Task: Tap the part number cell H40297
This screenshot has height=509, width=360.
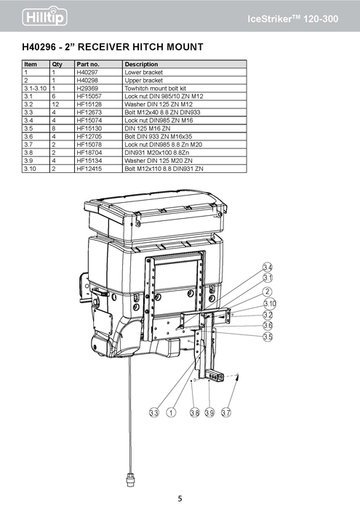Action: [x=88, y=73]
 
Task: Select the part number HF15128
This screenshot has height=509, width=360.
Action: [x=89, y=103]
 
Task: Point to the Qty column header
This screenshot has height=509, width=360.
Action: [x=56, y=65]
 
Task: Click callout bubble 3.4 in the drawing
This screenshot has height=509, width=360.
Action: [x=268, y=268]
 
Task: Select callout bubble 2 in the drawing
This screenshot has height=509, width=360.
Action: [x=268, y=292]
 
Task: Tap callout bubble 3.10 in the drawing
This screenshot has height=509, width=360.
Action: [x=268, y=303]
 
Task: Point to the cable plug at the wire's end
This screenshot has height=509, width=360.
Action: [x=131, y=478]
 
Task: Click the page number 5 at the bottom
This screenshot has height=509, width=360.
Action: [x=180, y=498]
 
